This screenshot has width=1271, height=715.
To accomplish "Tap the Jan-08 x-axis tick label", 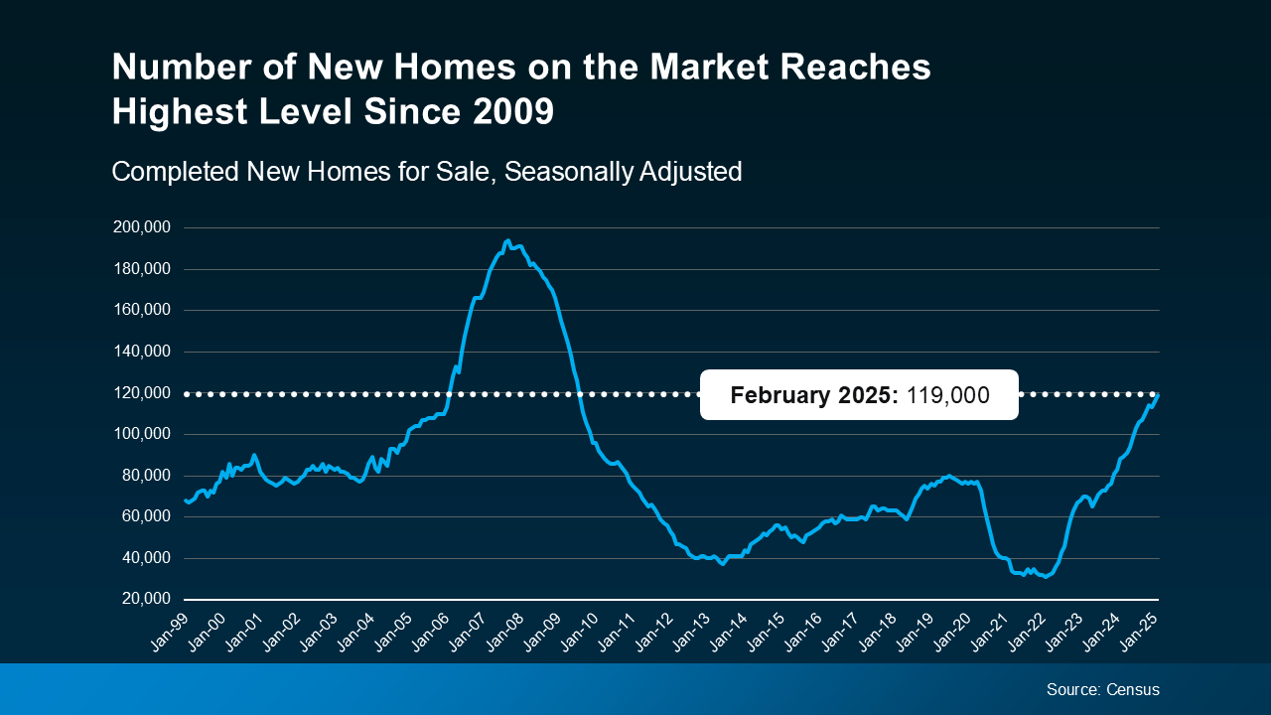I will [505, 630].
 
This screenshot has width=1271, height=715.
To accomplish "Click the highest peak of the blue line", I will [507, 240].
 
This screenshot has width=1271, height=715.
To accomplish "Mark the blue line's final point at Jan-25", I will [1158, 395].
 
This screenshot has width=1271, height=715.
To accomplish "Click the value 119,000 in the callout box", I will [948, 395].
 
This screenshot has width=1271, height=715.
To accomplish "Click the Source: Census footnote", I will [1102, 689].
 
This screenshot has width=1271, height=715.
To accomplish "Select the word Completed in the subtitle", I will [174, 171].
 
